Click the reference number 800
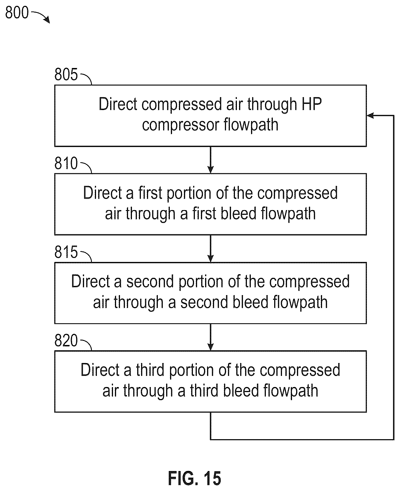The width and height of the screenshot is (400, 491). coord(17,13)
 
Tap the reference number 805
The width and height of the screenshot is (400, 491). coord(66,74)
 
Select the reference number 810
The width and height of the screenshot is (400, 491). coord(66,163)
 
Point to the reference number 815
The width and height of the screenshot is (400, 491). coord(66,252)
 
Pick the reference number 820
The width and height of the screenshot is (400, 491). coord(66,341)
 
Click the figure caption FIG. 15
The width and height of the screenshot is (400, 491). coord(195,478)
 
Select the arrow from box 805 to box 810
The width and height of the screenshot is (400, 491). coord(210,160)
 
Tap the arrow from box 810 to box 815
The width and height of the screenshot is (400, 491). coord(210,249)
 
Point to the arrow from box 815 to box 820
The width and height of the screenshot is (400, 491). coord(210,337)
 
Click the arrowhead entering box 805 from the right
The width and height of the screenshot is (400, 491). coord(370,115)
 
